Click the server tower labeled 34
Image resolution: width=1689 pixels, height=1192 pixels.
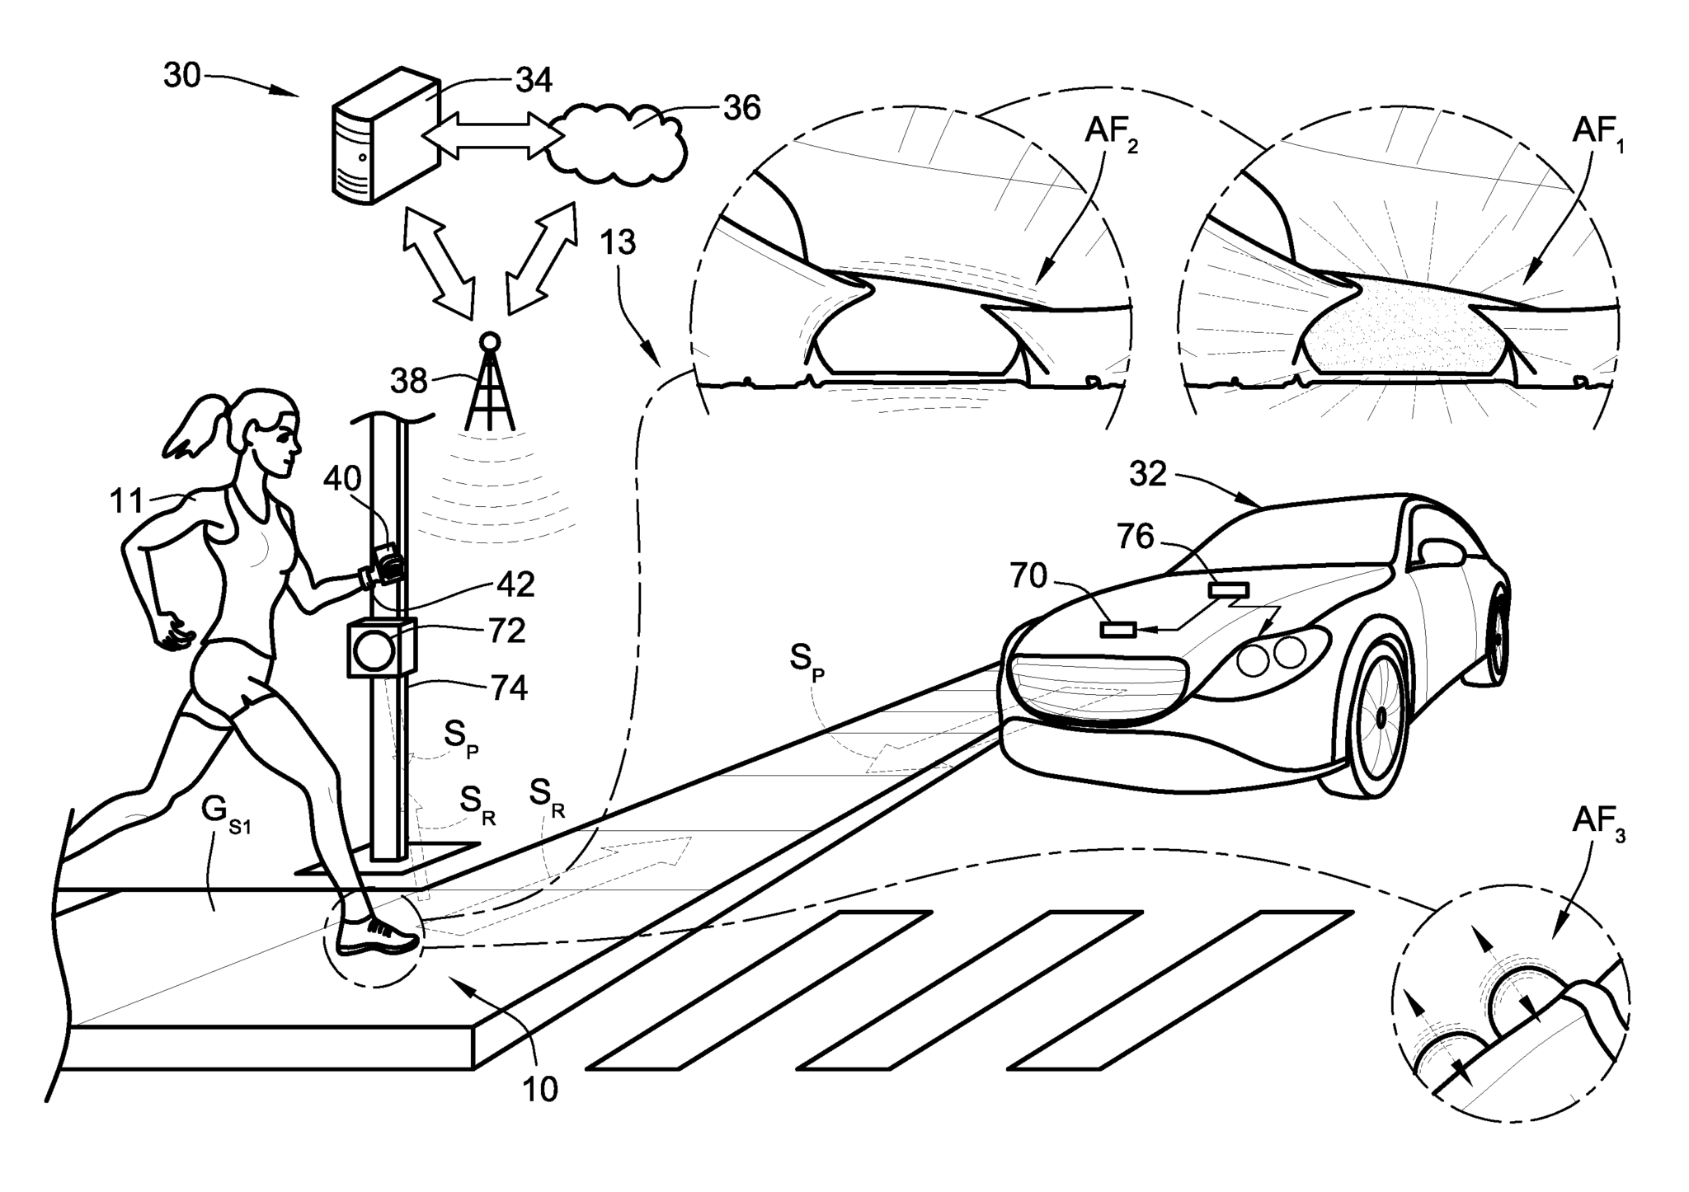(x=383, y=136)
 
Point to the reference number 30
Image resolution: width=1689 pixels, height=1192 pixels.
(x=182, y=76)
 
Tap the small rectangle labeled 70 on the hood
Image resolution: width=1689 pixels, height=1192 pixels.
(x=1118, y=630)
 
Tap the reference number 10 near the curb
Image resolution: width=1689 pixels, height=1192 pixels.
(x=540, y=1090)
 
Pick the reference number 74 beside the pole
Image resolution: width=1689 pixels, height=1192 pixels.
(x=509, y=688)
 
